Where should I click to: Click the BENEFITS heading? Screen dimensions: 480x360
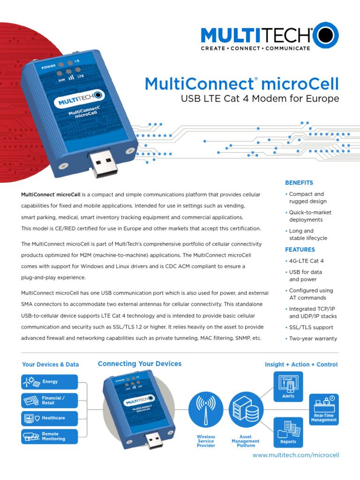tap(299, 183)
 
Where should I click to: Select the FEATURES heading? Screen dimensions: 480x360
tap(300, 250)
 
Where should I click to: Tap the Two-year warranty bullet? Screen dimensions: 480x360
tap(313, 338)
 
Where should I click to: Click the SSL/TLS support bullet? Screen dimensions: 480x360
tap(311, 327)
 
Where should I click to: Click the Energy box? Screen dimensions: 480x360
tap(50, 382)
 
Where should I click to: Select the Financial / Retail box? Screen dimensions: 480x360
tap(50, 400)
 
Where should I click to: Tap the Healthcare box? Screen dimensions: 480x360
tap(50, 418)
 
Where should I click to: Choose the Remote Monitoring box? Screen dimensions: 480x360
tap(50, 436)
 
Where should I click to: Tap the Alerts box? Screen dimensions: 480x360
tap(288, 387)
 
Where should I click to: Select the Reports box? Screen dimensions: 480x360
tap(288, 432)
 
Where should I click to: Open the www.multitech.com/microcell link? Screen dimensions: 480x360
tap(296, 455)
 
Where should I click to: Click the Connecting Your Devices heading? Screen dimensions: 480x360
tap(139, 364)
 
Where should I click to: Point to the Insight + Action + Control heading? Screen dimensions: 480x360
tap(301, 364)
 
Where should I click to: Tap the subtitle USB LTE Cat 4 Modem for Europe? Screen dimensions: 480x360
tap(260, 99)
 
